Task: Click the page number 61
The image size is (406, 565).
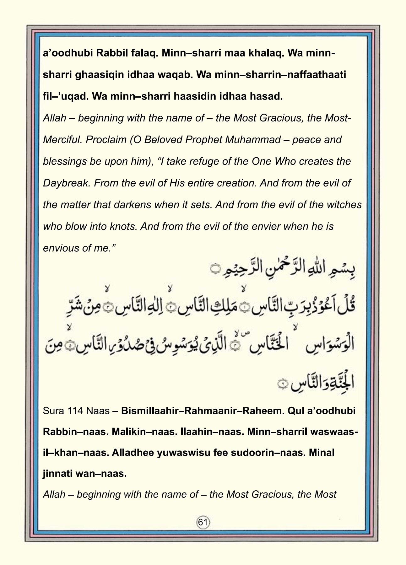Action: (203, 522)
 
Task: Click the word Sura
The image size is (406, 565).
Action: (53, 411)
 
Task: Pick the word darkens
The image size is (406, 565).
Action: (132, 205)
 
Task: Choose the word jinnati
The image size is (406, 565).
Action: (57, 474)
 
